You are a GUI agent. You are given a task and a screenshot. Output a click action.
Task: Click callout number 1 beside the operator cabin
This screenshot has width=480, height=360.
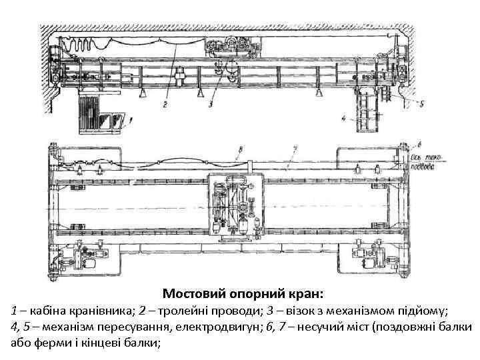coord(131,120)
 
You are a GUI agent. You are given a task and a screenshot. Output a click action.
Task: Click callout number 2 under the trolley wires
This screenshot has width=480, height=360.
coord(165,104)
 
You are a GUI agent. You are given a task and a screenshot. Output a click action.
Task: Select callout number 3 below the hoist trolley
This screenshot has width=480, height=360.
coord(211,104)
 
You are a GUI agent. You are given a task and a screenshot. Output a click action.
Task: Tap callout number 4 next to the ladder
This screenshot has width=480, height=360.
coord(343,119)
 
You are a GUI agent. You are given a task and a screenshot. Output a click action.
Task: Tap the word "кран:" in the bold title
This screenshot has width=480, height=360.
coord(307,293)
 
